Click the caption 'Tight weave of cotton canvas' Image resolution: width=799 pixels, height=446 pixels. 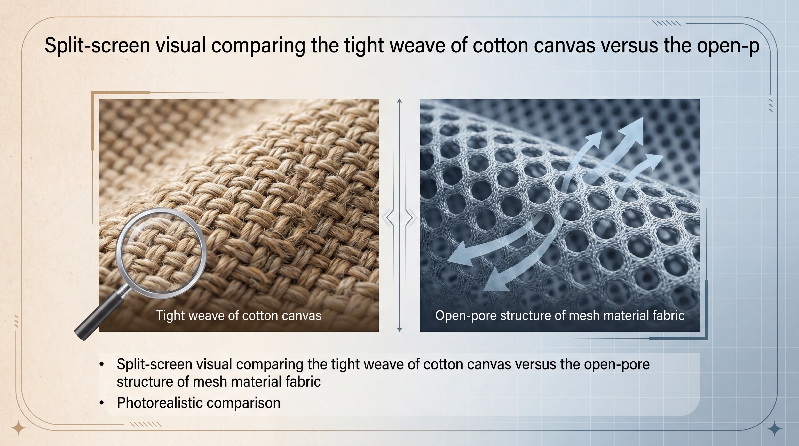239,315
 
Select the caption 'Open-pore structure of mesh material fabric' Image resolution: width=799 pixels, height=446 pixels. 560,315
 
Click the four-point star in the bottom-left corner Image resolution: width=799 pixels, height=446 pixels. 19,428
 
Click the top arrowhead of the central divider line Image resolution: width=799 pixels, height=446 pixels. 399,101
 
